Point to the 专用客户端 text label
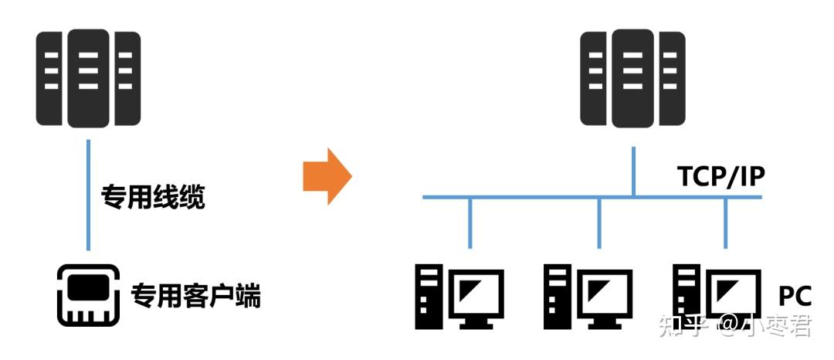pos(195,295)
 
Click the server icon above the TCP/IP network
pos(633,79)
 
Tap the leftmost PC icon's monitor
pos(477,294)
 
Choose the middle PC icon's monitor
pos(606,294)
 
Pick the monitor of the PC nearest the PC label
pos(734,294)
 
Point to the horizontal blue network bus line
pos(541,199)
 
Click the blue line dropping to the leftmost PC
pos(470,223)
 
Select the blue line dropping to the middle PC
pos(599,223)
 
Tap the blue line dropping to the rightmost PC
pos(725,223)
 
